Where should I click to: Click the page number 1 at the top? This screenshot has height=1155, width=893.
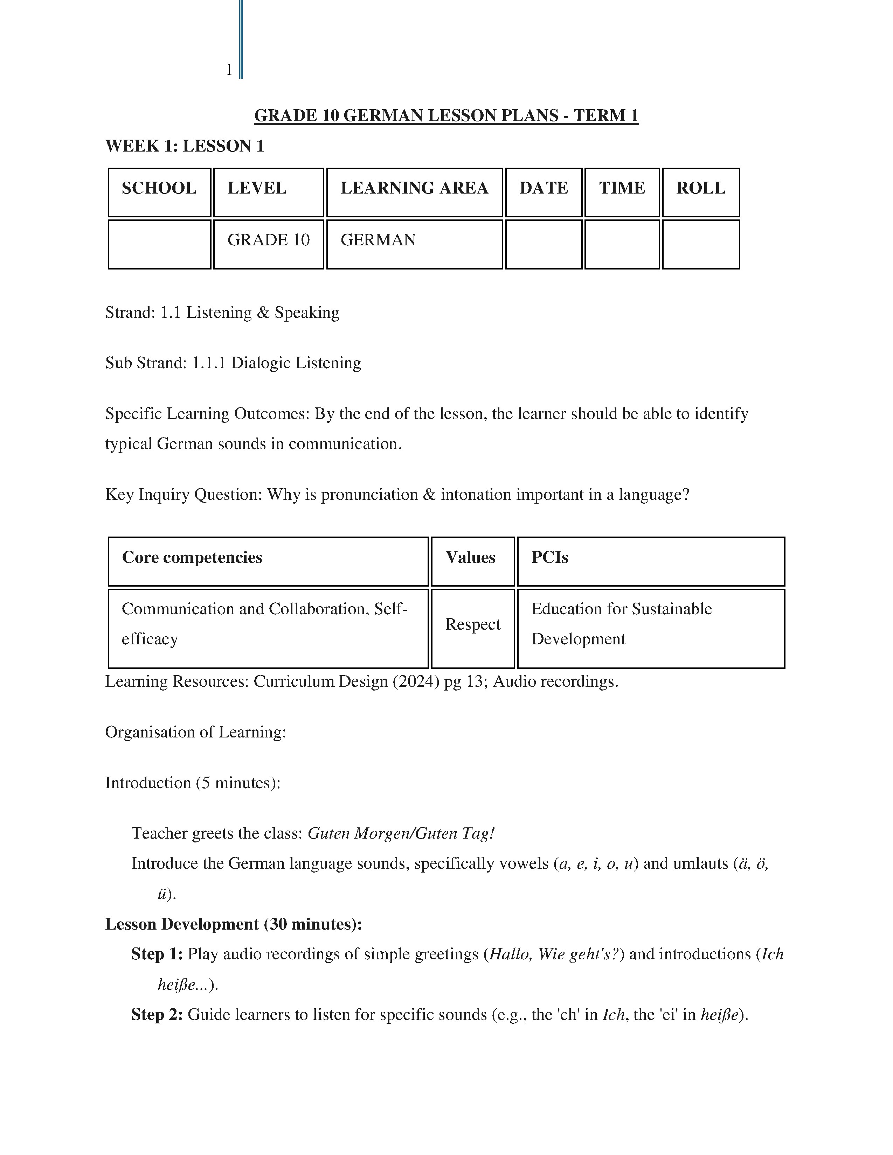click(229, 70)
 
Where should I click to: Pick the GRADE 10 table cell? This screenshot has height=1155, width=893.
click(268, 240)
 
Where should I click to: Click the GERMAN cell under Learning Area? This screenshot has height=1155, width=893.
click(378, 240)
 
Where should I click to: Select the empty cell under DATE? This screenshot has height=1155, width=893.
click(543, 244)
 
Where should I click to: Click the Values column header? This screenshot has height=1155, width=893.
click(470, 558)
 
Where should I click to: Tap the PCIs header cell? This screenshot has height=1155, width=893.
click(550, 558)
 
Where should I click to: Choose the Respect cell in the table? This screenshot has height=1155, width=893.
click(472, 624)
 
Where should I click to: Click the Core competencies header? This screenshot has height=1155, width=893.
click(192, 558)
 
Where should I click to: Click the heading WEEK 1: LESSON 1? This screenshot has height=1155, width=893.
click(185, 146)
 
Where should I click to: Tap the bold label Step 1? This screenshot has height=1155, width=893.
click(157, 954)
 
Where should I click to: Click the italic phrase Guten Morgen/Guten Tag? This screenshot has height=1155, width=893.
click(401, 833)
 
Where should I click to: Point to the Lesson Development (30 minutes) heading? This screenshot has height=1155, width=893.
click(233, 924)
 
